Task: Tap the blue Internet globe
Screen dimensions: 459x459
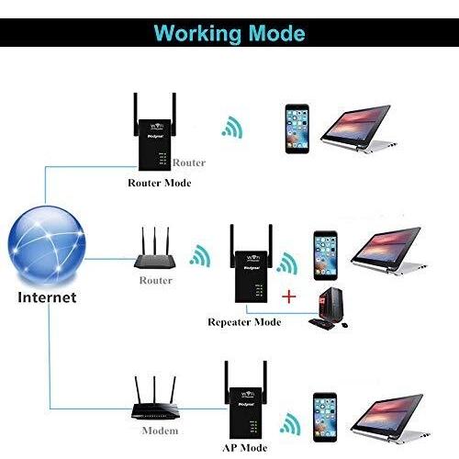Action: point(47,245)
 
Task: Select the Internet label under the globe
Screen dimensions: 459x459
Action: point(47,297)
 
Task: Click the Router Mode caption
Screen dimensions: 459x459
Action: point(160,183)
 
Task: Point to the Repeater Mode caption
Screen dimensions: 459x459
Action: point(244,322)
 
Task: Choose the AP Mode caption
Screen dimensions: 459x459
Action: point(245,448)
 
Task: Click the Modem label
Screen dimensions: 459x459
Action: point(160,431)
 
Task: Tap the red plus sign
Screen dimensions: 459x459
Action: point(289,297)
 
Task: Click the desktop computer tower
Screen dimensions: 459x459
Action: point(330,306)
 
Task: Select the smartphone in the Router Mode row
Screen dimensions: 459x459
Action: point(297,129)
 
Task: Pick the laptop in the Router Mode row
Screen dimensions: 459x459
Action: point(359,129)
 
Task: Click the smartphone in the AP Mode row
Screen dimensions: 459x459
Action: point(325,418)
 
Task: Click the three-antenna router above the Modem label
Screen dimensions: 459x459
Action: point(154,398)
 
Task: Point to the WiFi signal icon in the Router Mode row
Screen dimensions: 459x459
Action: point(232,127)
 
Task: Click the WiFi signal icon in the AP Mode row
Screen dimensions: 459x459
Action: point(290,423)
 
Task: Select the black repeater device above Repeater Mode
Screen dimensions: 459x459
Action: point(252,263)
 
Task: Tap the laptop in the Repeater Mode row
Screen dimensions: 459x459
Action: point(388,251)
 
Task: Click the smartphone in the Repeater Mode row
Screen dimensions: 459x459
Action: point(326,256)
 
